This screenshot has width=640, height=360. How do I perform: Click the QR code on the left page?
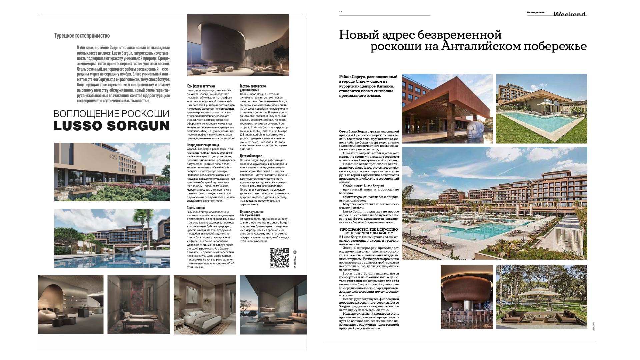coord(279,258)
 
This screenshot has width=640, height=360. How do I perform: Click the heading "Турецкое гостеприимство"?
coord(82,36)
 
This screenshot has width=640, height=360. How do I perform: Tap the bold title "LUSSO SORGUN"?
coord(112,126)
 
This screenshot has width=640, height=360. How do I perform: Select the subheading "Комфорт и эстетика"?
coord(201,86)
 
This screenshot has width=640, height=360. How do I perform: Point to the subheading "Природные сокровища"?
coord(203,145)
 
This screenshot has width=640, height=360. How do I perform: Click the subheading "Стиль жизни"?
coord(196,208)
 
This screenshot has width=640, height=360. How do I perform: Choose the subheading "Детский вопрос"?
coord(251,156)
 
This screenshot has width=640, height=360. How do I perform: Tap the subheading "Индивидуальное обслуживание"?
coord(251,213)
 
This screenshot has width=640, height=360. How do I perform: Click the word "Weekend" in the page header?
coord(569,14)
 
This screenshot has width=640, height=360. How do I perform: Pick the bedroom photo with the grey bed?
coord(205,305)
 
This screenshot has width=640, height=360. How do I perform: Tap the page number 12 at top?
coord(341,11)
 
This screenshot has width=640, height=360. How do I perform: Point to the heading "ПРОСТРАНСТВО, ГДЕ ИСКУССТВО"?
coord(369,230)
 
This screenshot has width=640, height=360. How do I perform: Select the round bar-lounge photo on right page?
coord(467,297)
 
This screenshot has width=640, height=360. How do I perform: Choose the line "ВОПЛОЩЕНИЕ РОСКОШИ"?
coord(111,114)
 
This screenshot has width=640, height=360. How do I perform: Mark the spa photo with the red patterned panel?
coord(138,305)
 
